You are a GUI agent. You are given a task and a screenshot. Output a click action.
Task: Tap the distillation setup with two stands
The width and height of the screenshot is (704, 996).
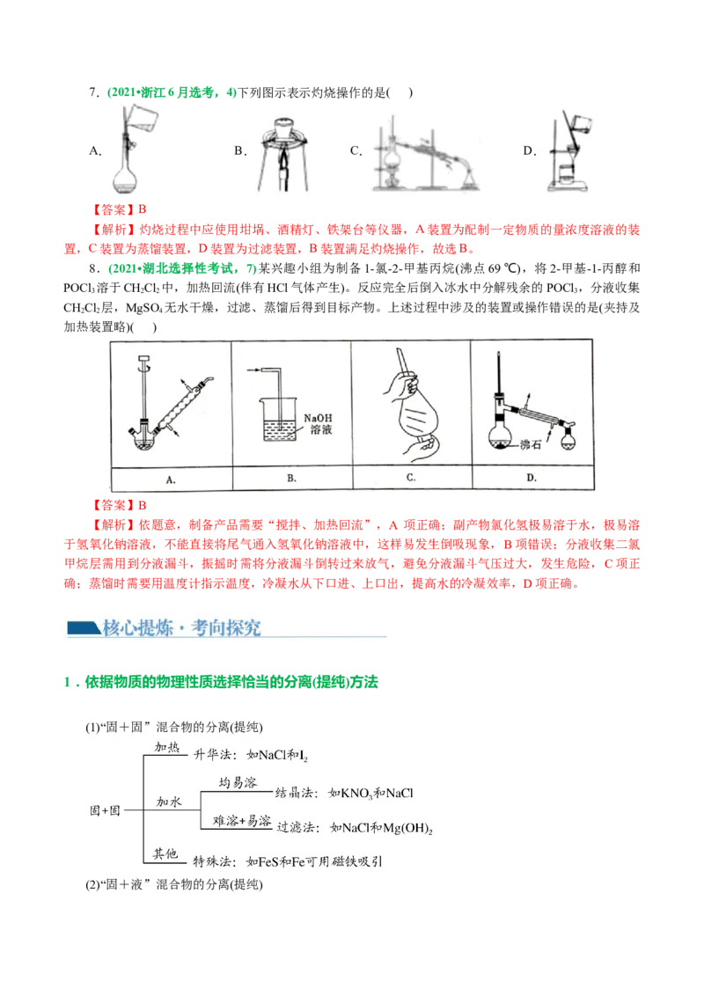(425, 150)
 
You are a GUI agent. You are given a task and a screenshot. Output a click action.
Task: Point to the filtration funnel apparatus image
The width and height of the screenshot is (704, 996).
(569, 147)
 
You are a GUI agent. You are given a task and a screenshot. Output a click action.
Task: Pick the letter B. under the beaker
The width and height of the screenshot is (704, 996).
(291, 480)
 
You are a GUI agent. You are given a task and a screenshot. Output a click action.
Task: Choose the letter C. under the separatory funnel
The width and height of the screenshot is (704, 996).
(411, 480)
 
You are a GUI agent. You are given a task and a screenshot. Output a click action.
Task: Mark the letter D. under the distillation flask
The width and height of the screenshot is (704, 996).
(532, 480)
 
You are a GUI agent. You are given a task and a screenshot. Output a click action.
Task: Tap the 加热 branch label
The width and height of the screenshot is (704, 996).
(167, 748)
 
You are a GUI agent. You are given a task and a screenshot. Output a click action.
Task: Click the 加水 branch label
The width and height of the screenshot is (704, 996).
(168, 802)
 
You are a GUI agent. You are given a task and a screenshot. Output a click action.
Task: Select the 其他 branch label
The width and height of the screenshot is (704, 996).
(165, 853)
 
